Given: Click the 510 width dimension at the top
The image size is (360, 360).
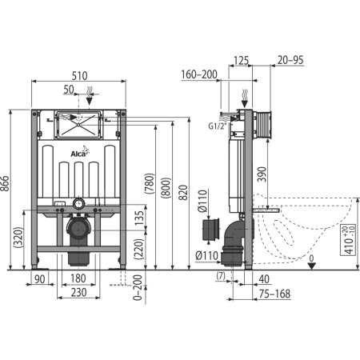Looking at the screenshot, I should point(78,70).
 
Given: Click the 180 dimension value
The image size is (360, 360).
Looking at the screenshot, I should point(78,278).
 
